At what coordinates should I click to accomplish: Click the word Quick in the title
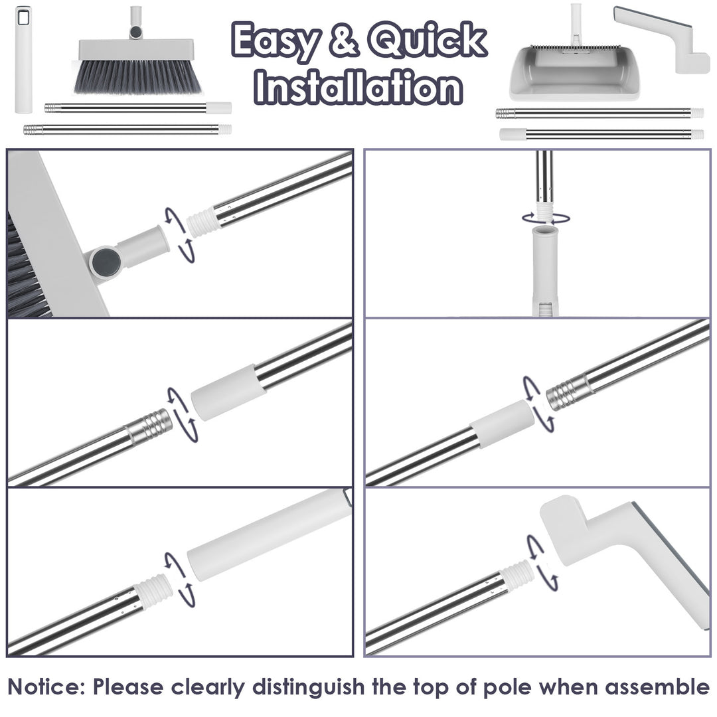click(x=427, y=41)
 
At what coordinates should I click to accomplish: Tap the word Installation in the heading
click(x=359, y=87)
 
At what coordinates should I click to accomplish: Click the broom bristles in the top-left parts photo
click(x=137, y=77)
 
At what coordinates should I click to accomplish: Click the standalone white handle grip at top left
click(x=23, y=60)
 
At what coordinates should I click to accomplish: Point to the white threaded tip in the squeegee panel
click(x=518, y=574)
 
